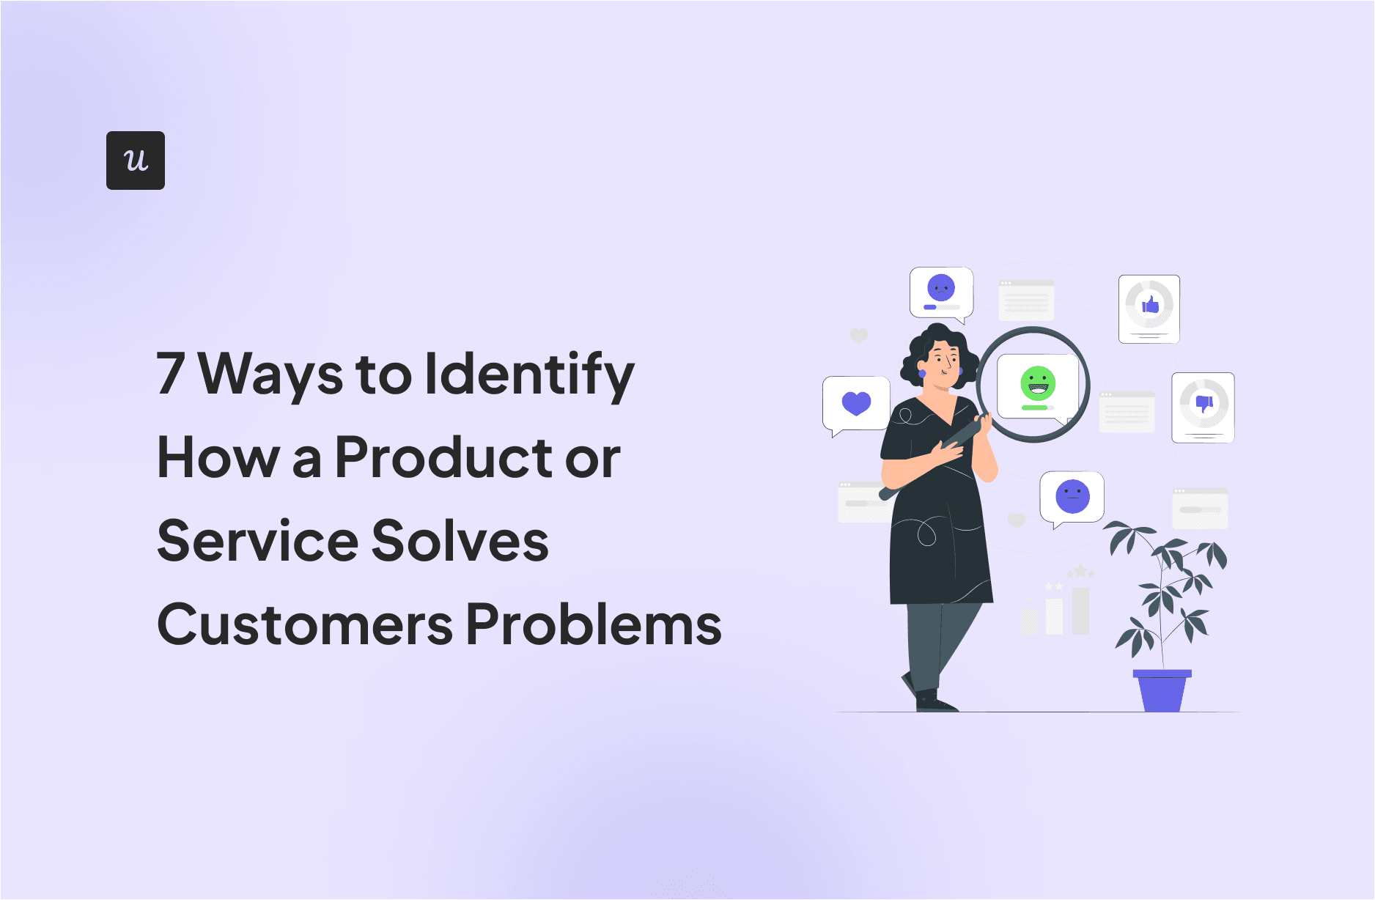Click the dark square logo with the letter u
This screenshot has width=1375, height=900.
pyautogui.click(x=136, y=161)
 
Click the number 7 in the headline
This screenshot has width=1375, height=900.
pyautogui.click(x=170, y=373)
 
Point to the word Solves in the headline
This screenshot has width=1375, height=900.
pyautogui.click(x=460, y=541)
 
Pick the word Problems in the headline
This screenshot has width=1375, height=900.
pyautogui.click(x=594, y=624)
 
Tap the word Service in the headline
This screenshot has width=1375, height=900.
pyautogui.click(x=257, y=541)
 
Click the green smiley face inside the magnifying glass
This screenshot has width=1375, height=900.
pyautogui.click(x=1037, y=383)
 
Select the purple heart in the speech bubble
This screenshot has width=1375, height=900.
pyautogui.click(x=856, y=403)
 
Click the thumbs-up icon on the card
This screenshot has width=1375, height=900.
pyautogui.click(x=1150, y=304)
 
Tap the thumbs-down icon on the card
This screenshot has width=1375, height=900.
pyautogui.click(x=1203, y=402)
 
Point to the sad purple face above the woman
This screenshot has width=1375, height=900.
pyautogui.click(x=941, y=288)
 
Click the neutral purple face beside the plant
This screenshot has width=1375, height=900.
pyautogui.click(x=1072, y=496)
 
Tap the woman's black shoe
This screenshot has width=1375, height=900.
pyautogui.click(x=934, y=702)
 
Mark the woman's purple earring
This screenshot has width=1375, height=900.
pyautogui.click(x=922, y=374)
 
